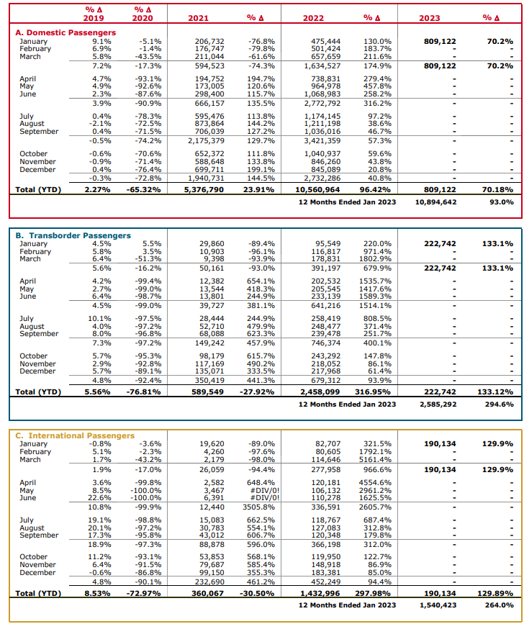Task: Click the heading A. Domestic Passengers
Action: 65,32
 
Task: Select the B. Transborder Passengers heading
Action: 73,235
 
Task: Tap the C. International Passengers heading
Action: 76,435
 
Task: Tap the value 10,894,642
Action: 435,202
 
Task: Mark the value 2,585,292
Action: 438,404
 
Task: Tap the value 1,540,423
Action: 438,605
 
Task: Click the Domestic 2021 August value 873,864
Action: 209,124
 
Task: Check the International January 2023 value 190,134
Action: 441,443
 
